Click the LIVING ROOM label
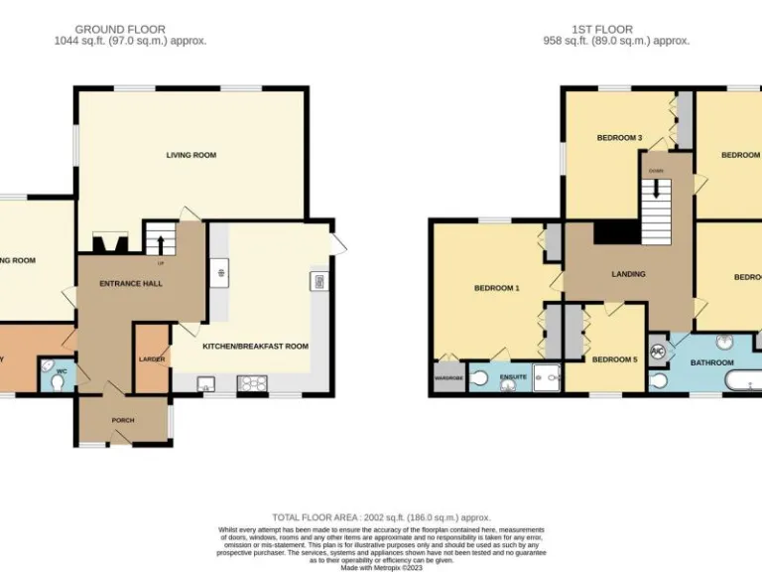click(190, 155)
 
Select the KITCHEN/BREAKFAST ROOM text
click(255, 347)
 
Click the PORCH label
click(122, 420)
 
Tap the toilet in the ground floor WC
click(48, 375)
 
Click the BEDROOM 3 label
click(619, 138)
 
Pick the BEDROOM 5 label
click(614, 359)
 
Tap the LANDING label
click(628, 274)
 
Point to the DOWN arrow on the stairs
click(656, 186)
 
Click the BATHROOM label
click(710, 362)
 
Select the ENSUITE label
click(513, 377)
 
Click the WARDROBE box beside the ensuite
click(447, 378)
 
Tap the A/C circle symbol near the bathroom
click(657, 352)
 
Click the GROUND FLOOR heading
click(120, 30)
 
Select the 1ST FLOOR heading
click(601, 30)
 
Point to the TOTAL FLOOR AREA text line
click(382, 517)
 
